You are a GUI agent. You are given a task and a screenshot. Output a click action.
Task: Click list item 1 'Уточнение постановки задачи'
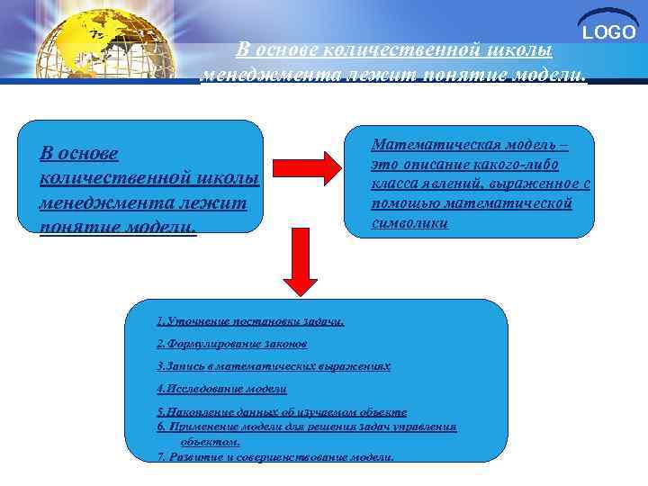pyautogui.click(x=249, y=320)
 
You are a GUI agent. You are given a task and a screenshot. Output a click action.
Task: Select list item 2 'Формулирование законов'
pyautogui.click(x=232, y=344)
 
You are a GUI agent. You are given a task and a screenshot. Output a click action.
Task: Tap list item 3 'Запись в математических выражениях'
pyautogui.click(x=273, y=366)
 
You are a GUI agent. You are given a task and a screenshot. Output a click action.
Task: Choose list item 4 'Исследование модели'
pyautogui.click(x=220, y=389)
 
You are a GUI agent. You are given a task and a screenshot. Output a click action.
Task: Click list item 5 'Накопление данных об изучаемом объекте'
pyautogui.click(x=281, y=411)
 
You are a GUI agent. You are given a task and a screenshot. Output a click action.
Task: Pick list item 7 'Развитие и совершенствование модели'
pyautogui.click(x=274, y=456)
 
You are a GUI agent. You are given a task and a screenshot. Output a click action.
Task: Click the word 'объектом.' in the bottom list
pyautogui.click(x=210, y=442)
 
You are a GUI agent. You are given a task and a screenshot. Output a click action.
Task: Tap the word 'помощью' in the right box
pyautogui.click(x=404, y=203)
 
